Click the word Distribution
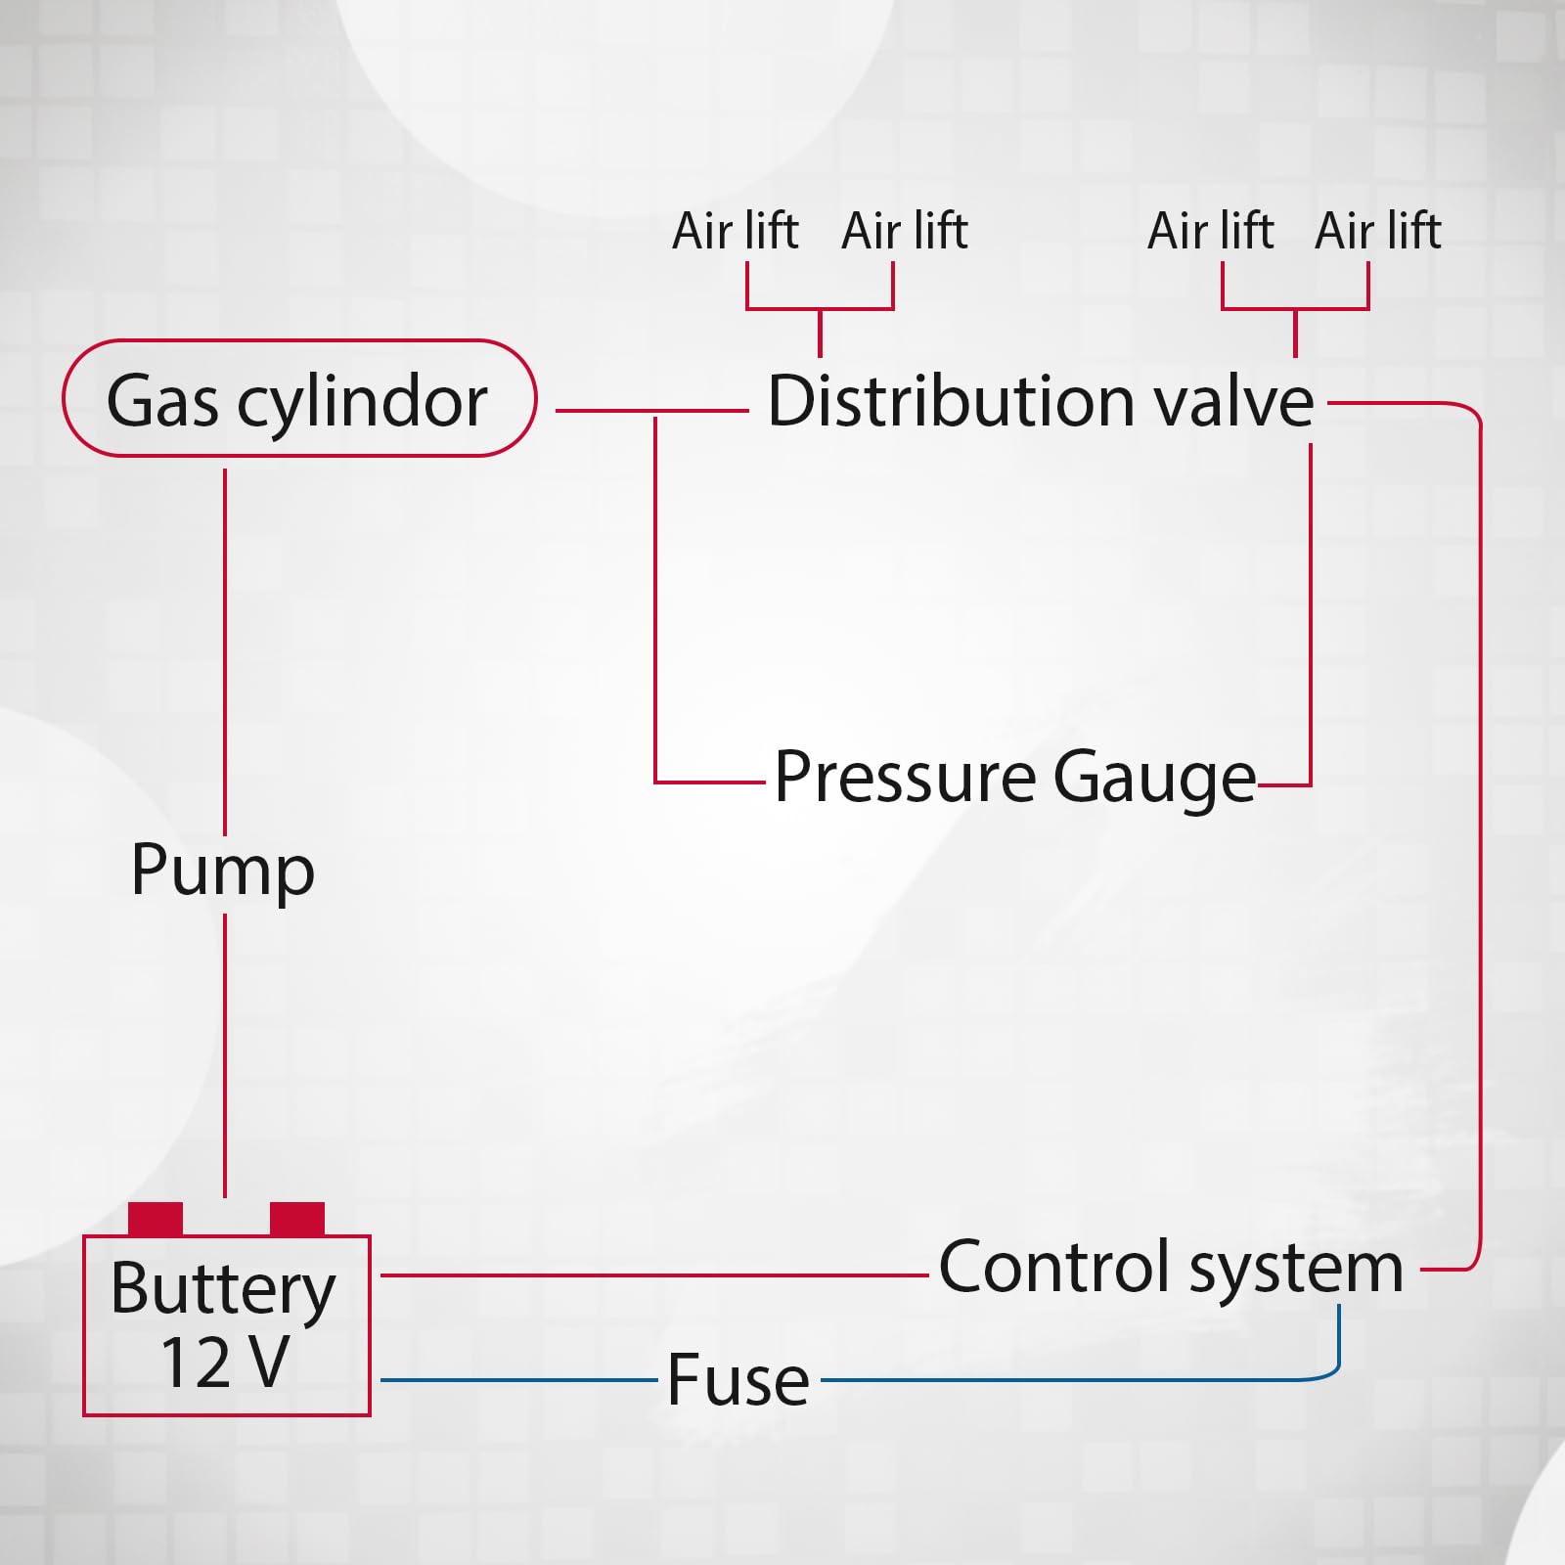coord(949,401)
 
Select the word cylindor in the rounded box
coord(362,401)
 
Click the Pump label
coord(223,871)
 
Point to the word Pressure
coord(905,778)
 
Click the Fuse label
coord(738,1379)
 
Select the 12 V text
coord(225,1363)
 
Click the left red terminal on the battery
coord(156,1219)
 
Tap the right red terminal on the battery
coord(296,1219)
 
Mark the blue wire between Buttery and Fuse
coord(518,1379)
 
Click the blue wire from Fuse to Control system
coord(1076,1379)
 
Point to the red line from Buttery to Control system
coord(655,1275)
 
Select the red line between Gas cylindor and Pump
coord(225,646)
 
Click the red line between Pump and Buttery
coord(225,1056)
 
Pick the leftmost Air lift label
coord(736,232)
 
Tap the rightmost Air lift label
coord(1377,232)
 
